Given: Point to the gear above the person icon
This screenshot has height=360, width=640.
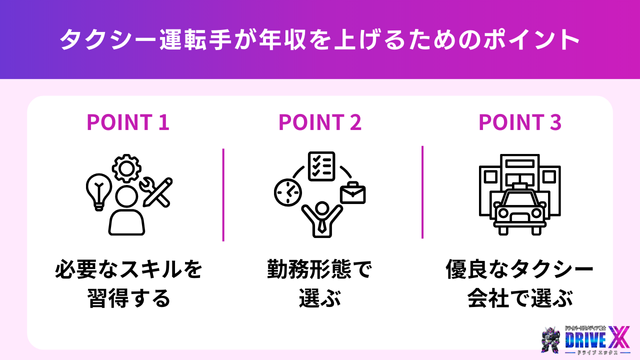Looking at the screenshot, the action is coord(127,167).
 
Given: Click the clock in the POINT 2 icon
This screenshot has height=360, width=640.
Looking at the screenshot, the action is coord(285,190).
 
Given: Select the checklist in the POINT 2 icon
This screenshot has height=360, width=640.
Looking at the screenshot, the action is coord(321,165).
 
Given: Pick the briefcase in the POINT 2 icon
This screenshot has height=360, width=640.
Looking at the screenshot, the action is coord(353,191).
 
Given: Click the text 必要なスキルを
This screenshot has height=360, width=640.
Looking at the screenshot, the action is coord(128,269).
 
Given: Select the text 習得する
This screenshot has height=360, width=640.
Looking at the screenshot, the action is coord(128,298).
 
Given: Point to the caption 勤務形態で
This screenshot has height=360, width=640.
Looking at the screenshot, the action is coord(320,269).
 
